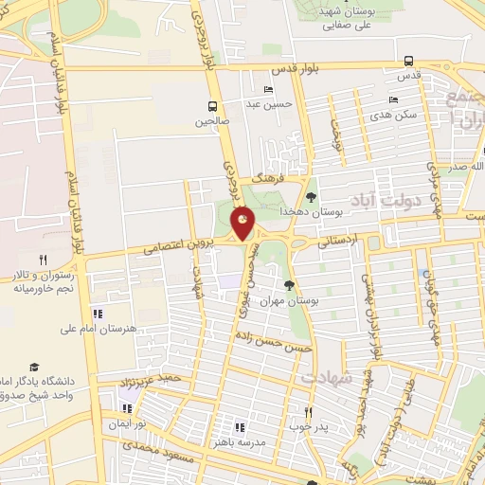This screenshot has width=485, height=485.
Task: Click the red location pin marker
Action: (x=243, y=224)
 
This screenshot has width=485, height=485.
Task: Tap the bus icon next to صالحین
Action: (x=213, y=106)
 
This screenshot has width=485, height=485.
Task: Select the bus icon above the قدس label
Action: (x=408, y=61)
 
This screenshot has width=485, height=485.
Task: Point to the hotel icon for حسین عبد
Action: (x=269, y=89)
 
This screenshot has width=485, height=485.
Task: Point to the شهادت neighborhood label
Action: (x=327, y=377)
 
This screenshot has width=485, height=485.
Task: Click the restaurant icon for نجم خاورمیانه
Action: (x=43, y=260)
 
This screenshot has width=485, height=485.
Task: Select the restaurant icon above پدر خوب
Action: (x=308, y=412)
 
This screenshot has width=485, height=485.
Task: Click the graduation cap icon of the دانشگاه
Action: (x=35, y=368)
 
